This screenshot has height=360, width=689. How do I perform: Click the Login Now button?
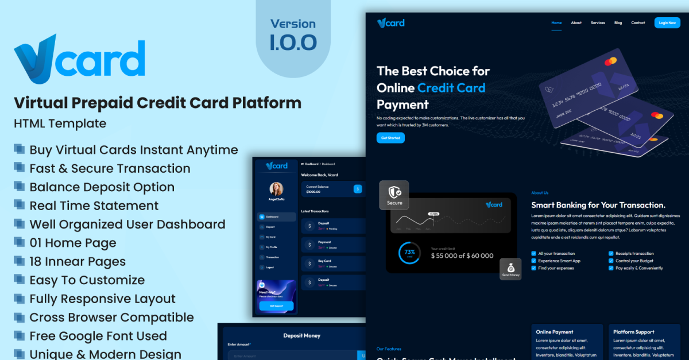pyautogui.click(x=667, y=23)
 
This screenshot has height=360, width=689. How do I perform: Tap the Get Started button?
pyautogui.click(x=390, y=138)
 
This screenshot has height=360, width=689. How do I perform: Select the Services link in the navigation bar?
pyautogui.click(x=598, y=23)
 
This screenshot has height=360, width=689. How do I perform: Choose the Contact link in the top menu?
pyautogui.click(x=638, y=23)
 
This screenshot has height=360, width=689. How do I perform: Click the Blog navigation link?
pyautogui.click(x=618, y=23)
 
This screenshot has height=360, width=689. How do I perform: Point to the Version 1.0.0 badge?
pyautogui.click(x=293, y=34)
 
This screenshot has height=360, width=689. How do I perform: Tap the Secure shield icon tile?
pyautogui.click(x=394, y=195)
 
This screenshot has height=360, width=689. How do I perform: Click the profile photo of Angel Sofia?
pyautogui.click(x=276, y=188)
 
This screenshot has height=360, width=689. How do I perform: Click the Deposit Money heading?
pyautogui.click(x=302, y=335)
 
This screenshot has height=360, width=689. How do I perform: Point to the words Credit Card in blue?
pyautogui.click(x=451, y=88)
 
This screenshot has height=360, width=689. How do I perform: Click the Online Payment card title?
pyautogui.click(x=554, y=332)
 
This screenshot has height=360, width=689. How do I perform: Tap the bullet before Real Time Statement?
pyautogui.click(x=20, y=205)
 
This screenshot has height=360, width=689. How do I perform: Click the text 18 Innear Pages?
pyautogui.click(x=78, y=261)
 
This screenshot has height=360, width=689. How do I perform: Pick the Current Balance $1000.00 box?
pyautogui.click(x=332, y=189)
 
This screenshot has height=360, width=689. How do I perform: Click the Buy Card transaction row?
pyautogui.click(x=332, y=264)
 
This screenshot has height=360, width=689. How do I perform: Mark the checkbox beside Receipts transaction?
pyautogui.click(x=610, y=253)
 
